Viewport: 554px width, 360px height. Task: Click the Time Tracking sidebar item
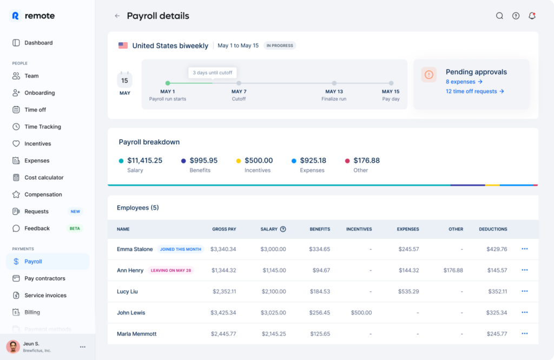(x=42, y=127)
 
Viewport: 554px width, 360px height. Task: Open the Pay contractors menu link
(x=44, y=278)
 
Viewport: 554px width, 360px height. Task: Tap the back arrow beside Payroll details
(x=117, y=16)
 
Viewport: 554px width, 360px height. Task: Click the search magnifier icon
(x=499, y=16)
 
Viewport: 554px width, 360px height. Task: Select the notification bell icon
(x=532, y=16)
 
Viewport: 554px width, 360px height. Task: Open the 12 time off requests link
(x=474, y=91)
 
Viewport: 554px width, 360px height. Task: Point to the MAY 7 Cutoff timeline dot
(x=239, y=83)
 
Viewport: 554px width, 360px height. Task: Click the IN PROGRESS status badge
(x=280, y=45)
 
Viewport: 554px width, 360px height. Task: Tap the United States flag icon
(x=123, y=45)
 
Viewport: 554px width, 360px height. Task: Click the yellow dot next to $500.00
(x=239, y=161)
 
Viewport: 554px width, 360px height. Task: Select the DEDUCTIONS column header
(x=493, y=229)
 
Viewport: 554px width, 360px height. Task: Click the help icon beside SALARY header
(x=283, y=229)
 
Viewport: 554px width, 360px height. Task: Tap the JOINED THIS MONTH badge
(x=180, y=250)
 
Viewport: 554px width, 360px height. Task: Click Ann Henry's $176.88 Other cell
(x=453, y=270)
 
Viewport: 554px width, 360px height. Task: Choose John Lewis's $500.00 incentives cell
(x=361, y=312)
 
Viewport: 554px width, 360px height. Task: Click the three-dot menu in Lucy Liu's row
(x=524, y=291)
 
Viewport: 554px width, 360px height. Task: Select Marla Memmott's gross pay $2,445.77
(x=224, y=333)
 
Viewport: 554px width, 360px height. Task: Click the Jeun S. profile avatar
(x=13, y=346)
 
